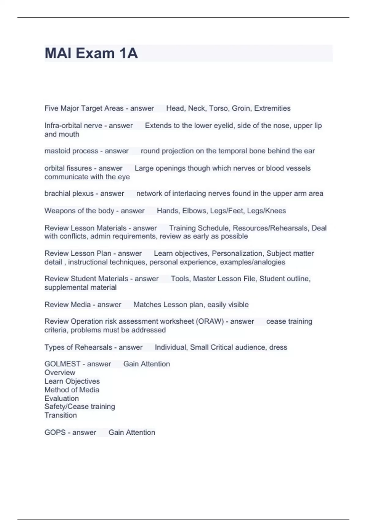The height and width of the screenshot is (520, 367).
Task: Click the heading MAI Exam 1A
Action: (x=91, y=53)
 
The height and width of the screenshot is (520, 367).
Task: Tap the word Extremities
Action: (x=272, y=108)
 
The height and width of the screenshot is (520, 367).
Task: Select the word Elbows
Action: (x=194, y=211)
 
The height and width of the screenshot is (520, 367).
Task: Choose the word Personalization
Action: (x=237, y=254)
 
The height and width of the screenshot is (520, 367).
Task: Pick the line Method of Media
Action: (x=72, y=390)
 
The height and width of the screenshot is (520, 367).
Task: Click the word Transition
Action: (x=61, y=415)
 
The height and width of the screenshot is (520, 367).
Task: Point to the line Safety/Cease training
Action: (x=80, y=407)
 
